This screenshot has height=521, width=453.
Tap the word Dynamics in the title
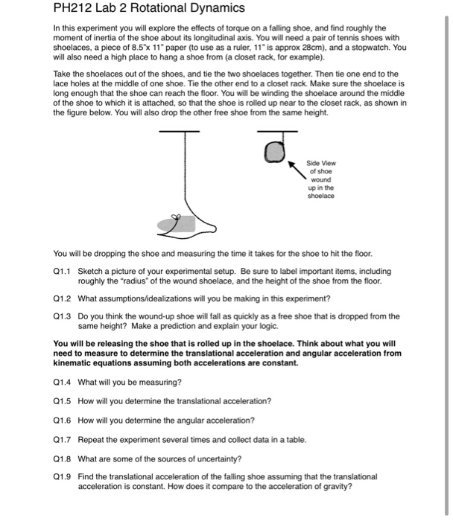point(217,9)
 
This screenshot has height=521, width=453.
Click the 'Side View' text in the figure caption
point(324,162)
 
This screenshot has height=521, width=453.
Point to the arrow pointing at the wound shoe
point(299,167)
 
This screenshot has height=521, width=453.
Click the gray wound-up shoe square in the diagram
point(276,153)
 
